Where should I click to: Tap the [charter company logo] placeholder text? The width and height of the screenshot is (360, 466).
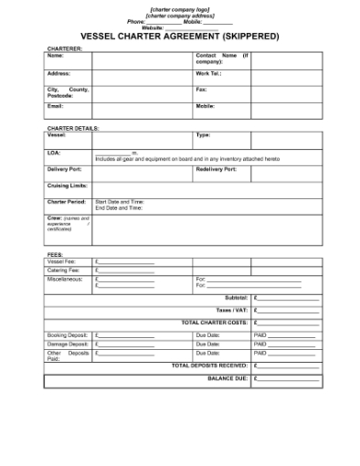[x=180, y=8]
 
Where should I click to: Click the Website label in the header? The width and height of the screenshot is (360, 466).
[x=152, y=27]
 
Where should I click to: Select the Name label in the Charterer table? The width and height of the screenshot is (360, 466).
[x=56, y=56]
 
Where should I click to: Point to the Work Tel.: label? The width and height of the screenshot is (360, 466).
[x=208, y=73]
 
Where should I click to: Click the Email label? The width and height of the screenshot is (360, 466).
[x=55, y=107]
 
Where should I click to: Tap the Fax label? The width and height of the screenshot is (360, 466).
[x=201, y=90]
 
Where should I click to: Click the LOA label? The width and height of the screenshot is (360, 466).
[x=53, y=153]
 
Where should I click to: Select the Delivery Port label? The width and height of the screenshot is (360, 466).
[x=64, y=169]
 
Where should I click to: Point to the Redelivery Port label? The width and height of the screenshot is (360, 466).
[x=216, y=169]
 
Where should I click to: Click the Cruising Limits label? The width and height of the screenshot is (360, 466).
[x=67, y=185]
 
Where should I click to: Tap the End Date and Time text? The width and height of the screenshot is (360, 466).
[x=119, y=207]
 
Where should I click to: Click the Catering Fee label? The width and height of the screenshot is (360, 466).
[x=63, y=270]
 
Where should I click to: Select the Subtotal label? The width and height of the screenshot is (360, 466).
[x=236, y=298]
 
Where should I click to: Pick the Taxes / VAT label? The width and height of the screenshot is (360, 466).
[x=232, y=311]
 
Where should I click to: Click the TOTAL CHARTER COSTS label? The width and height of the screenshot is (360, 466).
[x=215, y=323]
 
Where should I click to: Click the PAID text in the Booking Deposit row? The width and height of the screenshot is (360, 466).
[x=261, y=335]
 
